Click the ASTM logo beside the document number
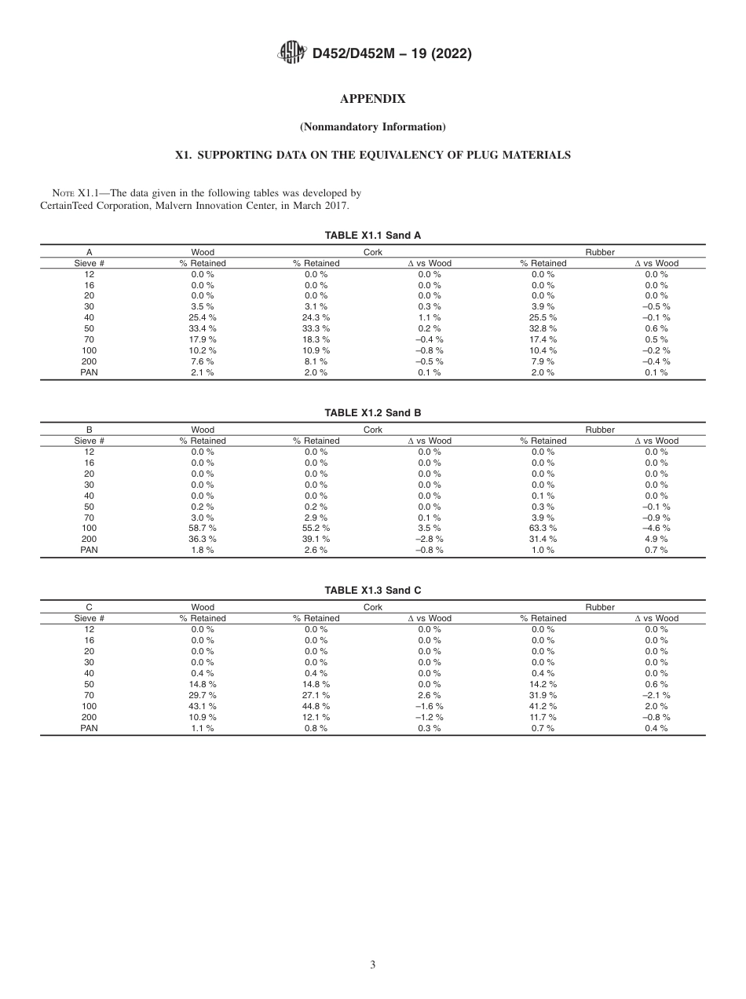coord(292,54)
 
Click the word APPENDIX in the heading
coord(372,99)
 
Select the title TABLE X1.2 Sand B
coord(373,413)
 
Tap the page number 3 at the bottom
coord(373,965)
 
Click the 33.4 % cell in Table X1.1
coord(203,329)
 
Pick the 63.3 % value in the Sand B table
coord(543,529)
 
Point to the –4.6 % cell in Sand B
coord(656,529)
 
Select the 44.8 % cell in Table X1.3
coord(316,706)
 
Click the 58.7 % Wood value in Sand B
coord(203,529)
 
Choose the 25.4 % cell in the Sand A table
coord(203,318)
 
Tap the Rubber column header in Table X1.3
coord(600,608)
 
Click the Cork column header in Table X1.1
coord(373,253)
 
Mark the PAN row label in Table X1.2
coord(89,551)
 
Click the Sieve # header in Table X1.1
coord(89,264)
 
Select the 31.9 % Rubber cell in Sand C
coord(543,695)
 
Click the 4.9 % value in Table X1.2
coord(656,540)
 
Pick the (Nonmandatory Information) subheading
coord(372,127)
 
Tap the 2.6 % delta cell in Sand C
coord(430,695)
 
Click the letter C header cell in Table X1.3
coord(89,608)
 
